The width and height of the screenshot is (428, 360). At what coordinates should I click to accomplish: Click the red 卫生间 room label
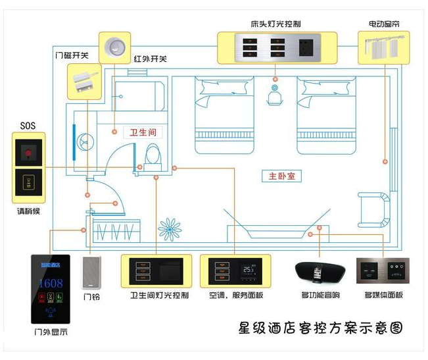click(142, 132)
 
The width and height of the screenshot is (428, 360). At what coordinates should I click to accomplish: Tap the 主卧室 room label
click(281, 176)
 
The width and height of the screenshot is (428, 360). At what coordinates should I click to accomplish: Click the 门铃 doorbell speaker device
click(91, 272)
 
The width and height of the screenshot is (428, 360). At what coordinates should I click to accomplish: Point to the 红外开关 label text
click(150, 59)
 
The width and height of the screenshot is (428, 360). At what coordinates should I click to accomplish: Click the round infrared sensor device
click(116, 46)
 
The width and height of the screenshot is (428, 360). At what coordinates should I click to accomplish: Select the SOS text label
click(26, 125)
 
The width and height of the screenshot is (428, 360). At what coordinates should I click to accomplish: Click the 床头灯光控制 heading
click(275, 24)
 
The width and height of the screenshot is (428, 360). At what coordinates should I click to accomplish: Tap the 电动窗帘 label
click(384, 24)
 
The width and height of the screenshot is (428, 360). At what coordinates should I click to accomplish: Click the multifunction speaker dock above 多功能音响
click(318, 272)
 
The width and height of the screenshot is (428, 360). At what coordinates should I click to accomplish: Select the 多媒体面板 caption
click(383, 296)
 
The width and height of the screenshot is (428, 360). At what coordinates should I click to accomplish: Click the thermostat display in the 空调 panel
click(247, 270)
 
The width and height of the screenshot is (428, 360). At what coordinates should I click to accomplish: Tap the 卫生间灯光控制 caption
click(160, 296)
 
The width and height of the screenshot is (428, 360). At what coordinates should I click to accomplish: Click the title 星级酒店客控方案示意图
click(320, 327)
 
